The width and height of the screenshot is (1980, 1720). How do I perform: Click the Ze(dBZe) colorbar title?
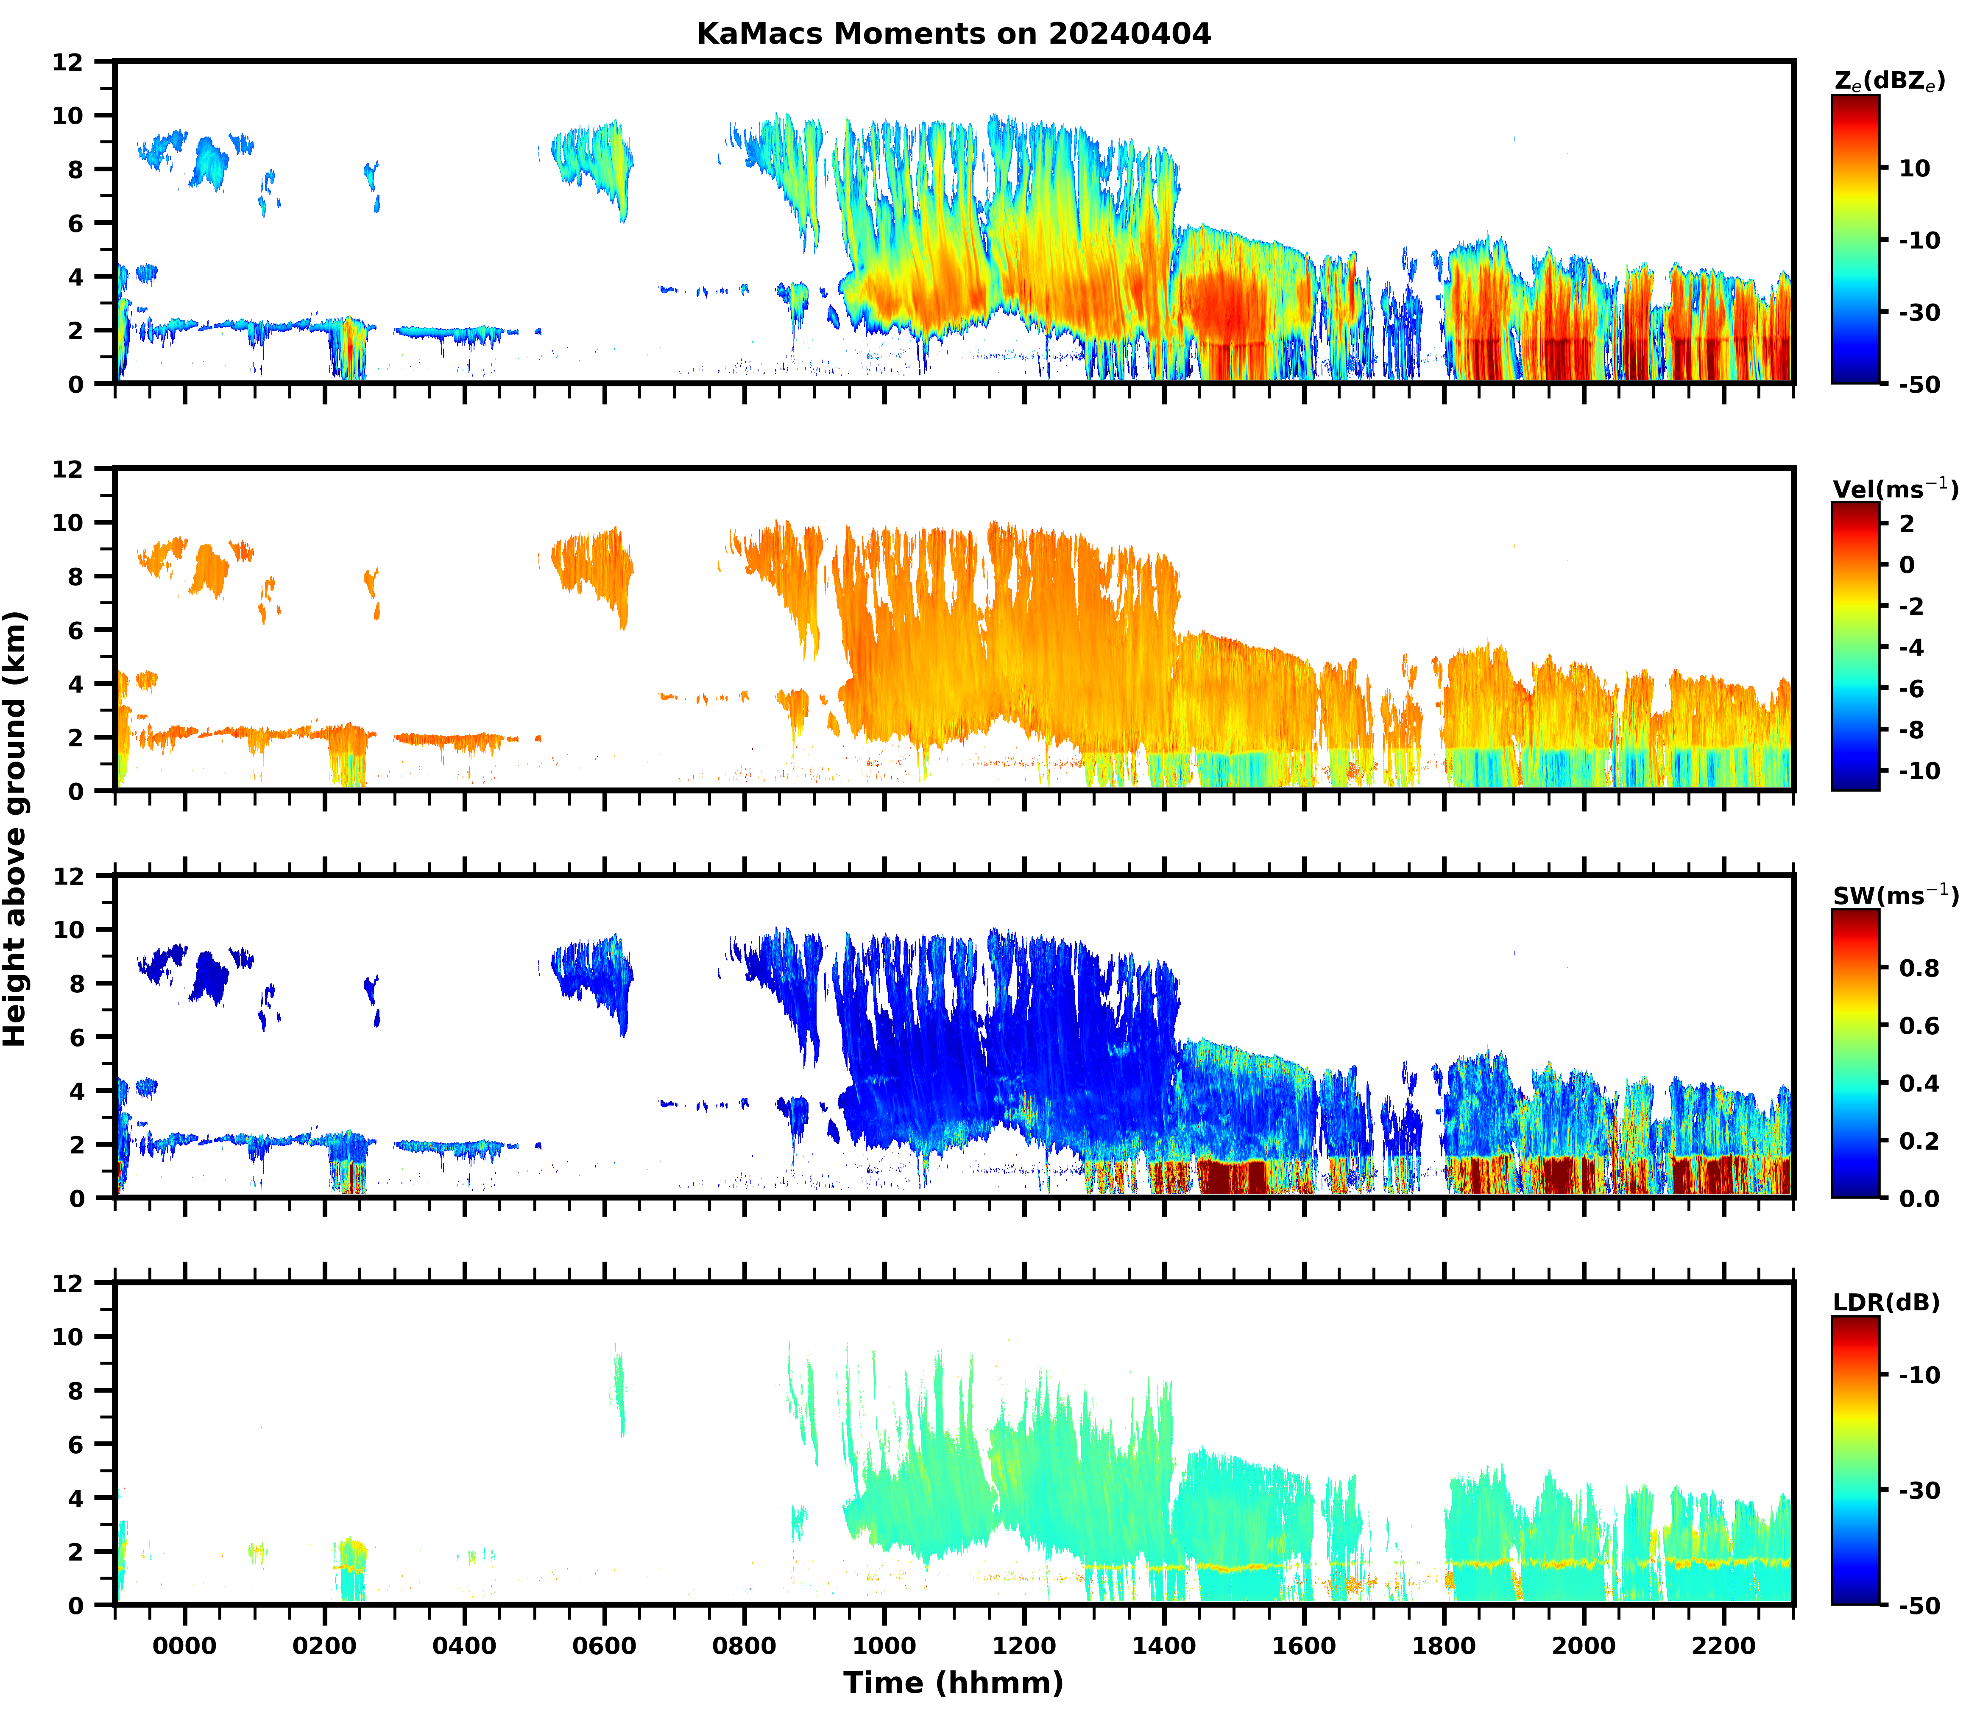pyautogui.click(x=1889, y=81)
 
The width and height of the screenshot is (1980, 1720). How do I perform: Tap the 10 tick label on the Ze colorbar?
pyautogui.click(x=1915, y=168)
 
